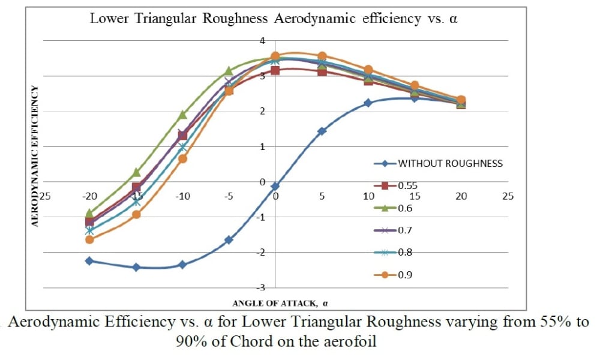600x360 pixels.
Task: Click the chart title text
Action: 274,18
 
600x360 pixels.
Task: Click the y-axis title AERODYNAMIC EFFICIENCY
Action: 35,156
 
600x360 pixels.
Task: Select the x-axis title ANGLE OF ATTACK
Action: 275,302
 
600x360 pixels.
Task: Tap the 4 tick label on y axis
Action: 262,40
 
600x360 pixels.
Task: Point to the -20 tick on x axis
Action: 89,196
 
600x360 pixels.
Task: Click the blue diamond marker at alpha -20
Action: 89,261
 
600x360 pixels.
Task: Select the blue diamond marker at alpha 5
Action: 322,131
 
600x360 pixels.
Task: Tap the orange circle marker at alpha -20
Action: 89,239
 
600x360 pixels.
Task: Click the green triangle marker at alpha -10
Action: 182,114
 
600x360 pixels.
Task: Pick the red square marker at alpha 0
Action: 275,70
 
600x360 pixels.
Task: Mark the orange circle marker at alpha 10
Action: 368,70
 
